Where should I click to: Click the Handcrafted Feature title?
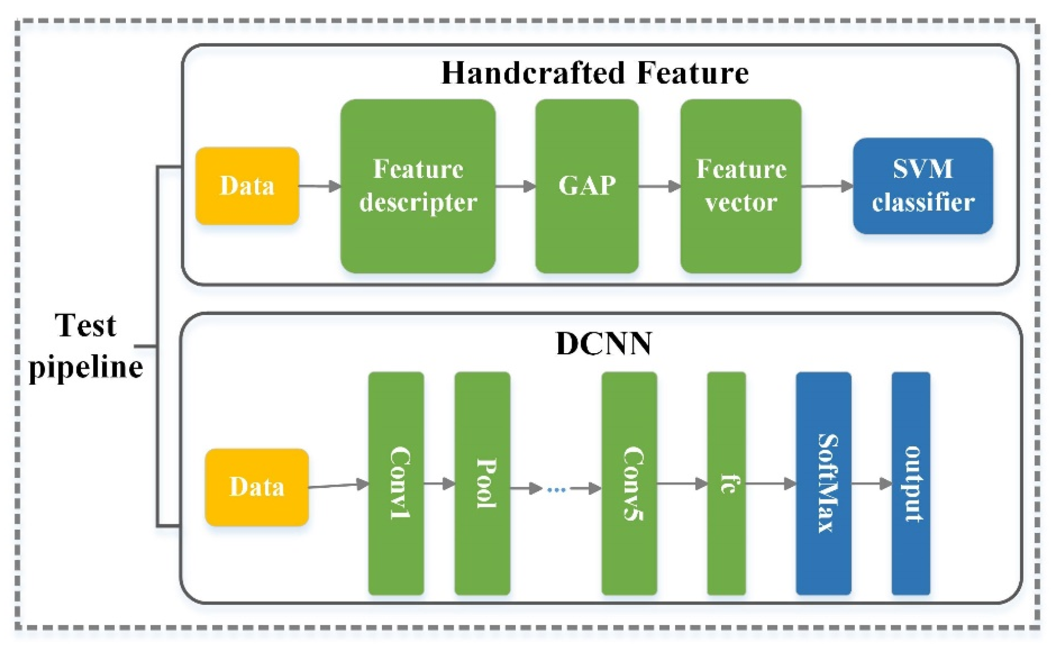(x=595, y=73)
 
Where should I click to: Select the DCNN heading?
(x=604, y=343)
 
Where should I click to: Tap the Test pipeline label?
(x=86, y=346)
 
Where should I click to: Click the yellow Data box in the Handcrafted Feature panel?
(x=247, y=186)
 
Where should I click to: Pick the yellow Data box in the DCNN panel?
(x=257, y=487)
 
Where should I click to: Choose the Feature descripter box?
(x=418, y=186)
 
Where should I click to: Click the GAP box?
(x=587, y=186)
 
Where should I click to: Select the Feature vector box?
(x=741, y=186)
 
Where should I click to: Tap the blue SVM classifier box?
(x=923, y=186)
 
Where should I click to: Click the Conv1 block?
(x=396, y=484)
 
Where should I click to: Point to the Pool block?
(x=482, y=484)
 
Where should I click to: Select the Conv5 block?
(x=629, y=484)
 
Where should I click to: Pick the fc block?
(x=726, y=484)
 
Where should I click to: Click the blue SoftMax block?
(x=823, y=484)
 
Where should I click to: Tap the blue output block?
(x=911, y=484)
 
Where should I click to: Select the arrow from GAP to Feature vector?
(x=660, y=186)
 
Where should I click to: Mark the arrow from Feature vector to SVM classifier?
(x=827, y=186)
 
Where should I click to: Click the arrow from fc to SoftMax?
(x=771, y=484)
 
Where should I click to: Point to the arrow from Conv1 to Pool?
(x=440, y=484)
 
